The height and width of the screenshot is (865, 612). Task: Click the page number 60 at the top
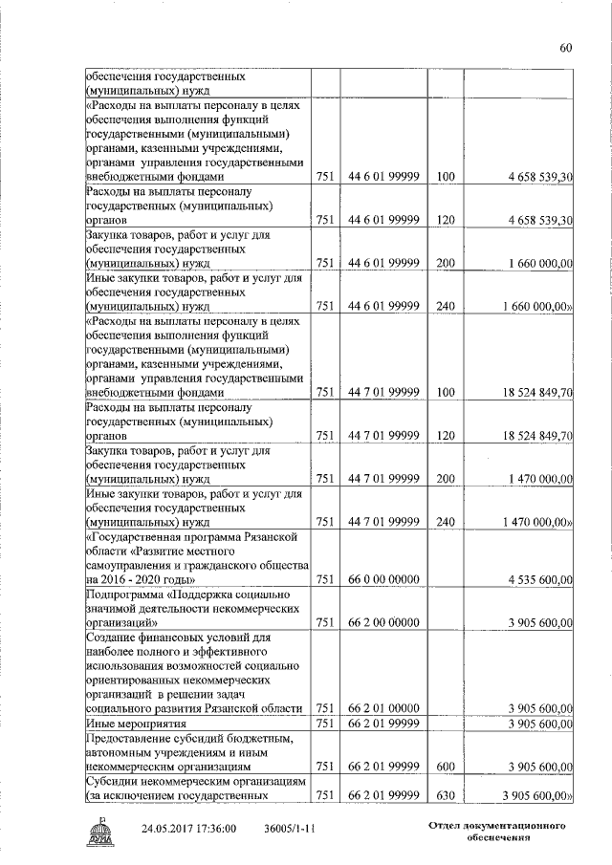click(565, 49)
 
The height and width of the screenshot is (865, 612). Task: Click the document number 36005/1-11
click(293, 830)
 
